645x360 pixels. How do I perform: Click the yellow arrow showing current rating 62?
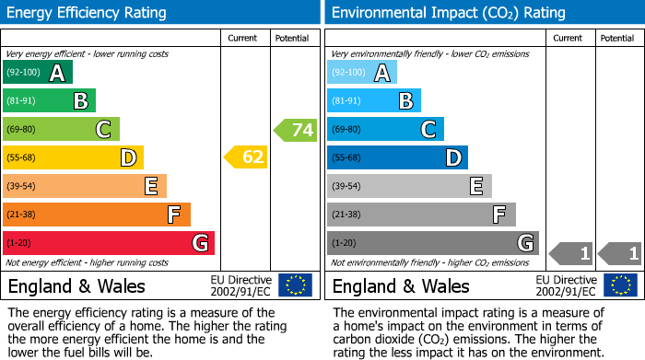coord(246,157)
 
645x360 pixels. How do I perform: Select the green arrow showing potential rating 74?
coord(296,130)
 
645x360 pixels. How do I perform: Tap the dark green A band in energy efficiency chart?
coord(37,73)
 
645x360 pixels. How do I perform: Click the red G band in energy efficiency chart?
coord(108,243)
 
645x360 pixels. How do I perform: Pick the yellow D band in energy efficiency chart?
coord(72,158)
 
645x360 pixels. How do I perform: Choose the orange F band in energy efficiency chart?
coord(96,215)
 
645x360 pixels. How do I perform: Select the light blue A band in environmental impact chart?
coord(361,73)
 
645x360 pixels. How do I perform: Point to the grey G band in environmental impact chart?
coord(432,243)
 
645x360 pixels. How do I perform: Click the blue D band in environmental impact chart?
coord(396,158)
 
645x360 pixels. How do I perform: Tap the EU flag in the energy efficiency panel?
coord(295,285)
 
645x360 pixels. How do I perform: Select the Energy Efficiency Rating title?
coord(88,13)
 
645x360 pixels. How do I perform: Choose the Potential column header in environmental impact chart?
coord(616,38)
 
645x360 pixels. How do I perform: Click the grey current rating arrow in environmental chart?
coord(570,252)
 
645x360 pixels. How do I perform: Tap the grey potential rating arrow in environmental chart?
coord(619,252)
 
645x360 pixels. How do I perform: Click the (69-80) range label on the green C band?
coord(22,130)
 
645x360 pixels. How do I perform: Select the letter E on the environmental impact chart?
coord(475,186)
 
